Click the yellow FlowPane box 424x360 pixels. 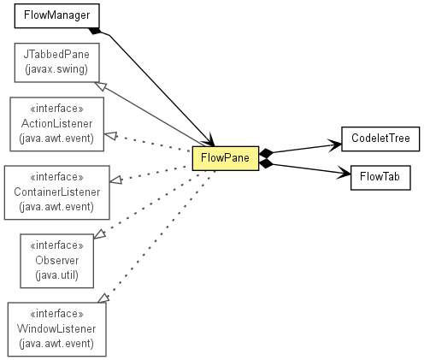[226, 158]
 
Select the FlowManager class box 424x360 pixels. [57, 16]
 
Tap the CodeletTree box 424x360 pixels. [380, 139]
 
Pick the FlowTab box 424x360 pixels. [380, 178]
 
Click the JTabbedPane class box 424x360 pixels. [57, 62]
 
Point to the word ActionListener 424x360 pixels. [57, 124]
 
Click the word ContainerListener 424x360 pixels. [57, 192]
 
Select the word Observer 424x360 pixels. [57, 260]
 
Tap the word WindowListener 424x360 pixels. [56, 328]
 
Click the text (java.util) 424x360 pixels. [57, 275]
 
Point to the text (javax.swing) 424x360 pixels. [56, 69]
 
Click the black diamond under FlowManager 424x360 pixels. [94, 31]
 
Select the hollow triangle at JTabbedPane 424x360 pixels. [100, 86]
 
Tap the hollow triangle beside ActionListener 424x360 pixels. [110, 136]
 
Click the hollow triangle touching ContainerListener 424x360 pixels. [116, 180]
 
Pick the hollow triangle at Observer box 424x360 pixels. [100, 234]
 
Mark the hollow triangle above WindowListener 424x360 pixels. [103, 298]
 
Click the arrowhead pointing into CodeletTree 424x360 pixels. [335, 145]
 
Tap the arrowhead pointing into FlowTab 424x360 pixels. [344, 173]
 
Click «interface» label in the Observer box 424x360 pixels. [57, 245]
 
